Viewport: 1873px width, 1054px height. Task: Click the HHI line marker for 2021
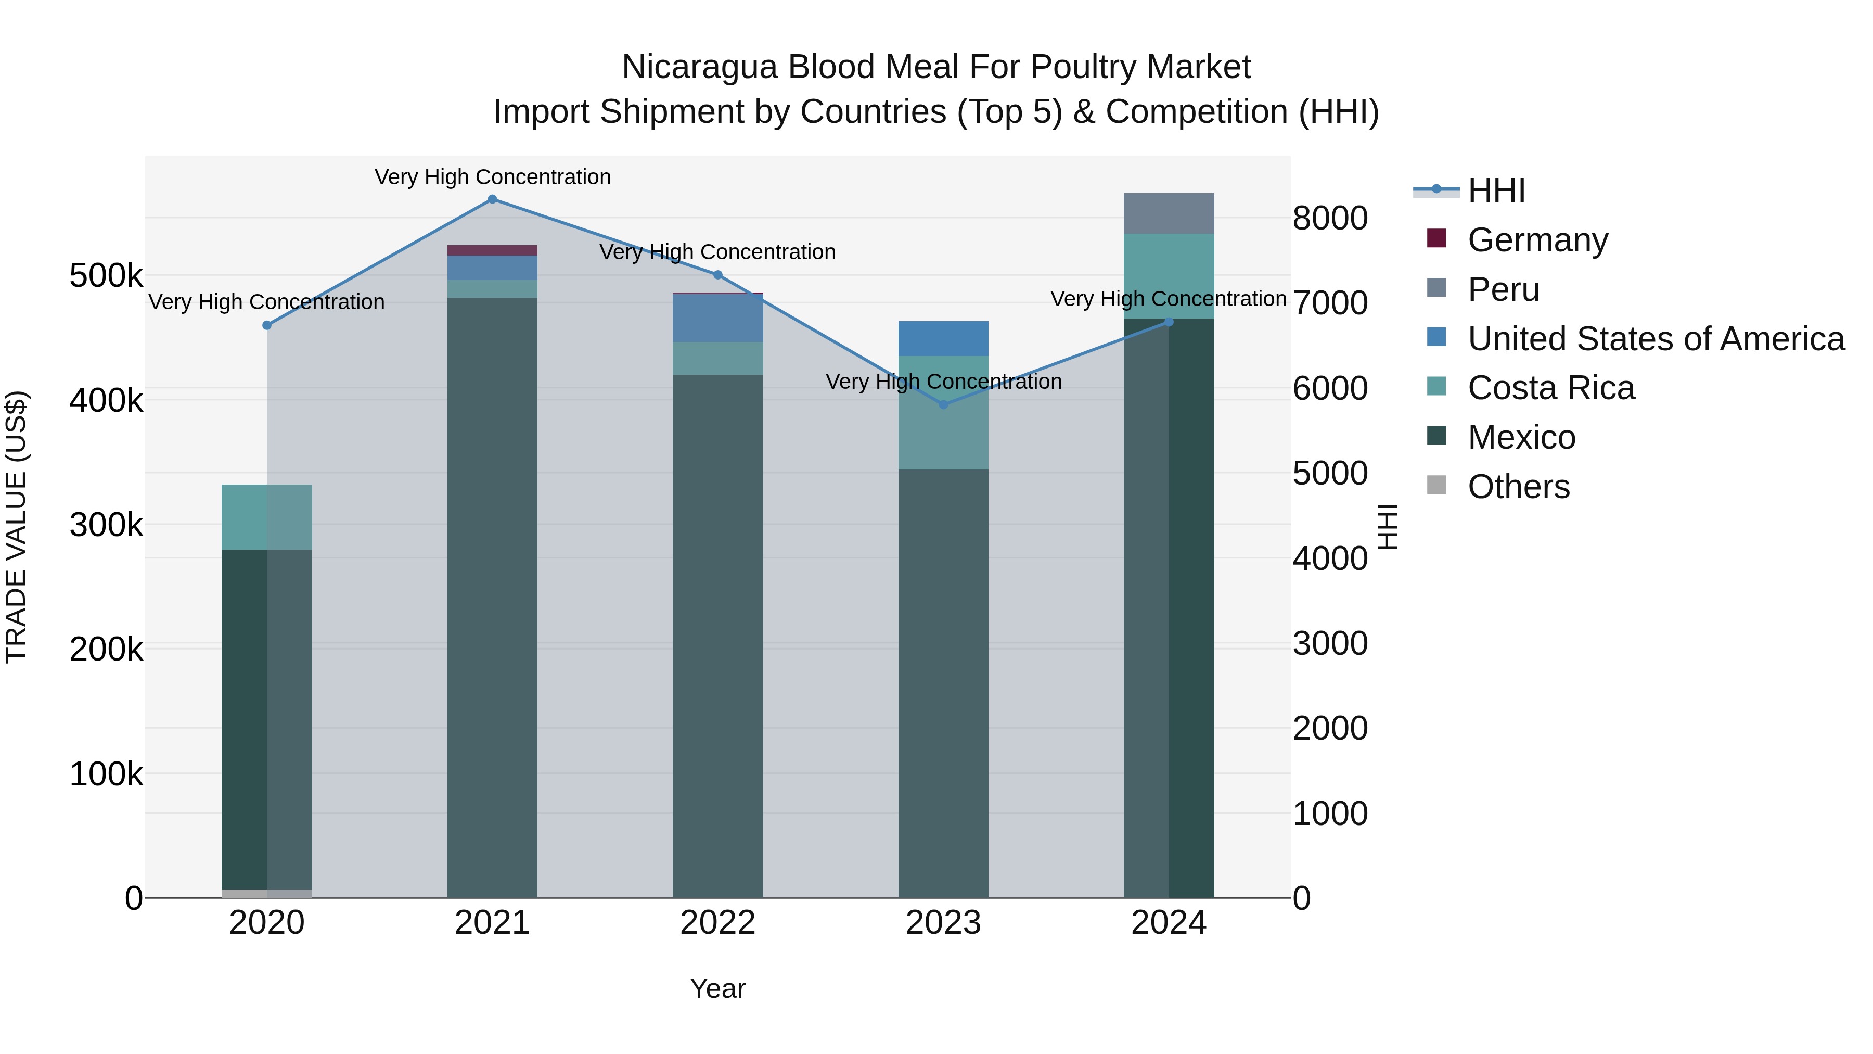pyautogui.click(x=492, y=199)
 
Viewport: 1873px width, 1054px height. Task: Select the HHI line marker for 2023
pyautogui.click(x=943, y=404)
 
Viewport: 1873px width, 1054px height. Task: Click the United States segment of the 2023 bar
pyautogui.click(x=943, y=338)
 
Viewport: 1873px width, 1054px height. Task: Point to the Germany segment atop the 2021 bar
pyautogui.click(x=492, y=250)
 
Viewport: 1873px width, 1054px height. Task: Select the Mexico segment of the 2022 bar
pyautogui.click(x=717, y=633)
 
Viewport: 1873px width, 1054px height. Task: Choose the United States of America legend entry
pyautogui.click(x=1655, y=339)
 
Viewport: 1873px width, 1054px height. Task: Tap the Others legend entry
pyautogui.click(x=1518, y=487)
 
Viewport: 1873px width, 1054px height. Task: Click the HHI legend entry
pyautogui.click(x=1496, y=191)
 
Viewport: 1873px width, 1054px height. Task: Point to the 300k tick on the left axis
pyautogui.click(x=106, y=525)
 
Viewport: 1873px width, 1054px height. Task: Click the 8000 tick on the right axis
pyautogui.click(x=1329, y=218)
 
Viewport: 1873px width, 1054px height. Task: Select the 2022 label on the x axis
pyautogui.click(x=717, y=923)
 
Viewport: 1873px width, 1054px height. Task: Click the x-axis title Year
pyautogui.click(x=717, y=988)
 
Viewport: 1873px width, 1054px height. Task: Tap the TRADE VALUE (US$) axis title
pyautogui.click(x=17, y=527)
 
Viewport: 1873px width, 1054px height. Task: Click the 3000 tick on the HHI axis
pyautogui.click(x=1329, y=644)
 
